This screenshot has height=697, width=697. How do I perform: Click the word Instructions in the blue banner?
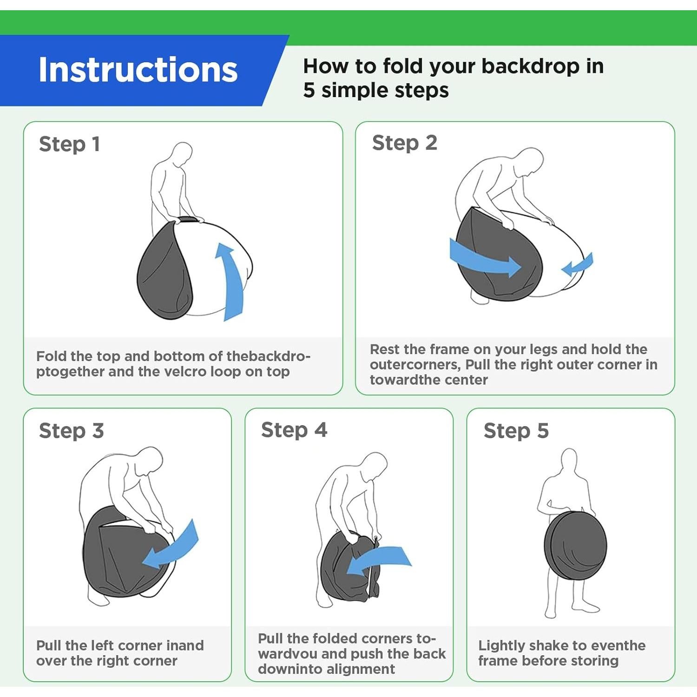[x=138, y=70]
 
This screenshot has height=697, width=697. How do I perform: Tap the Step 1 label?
[x=70, y=144]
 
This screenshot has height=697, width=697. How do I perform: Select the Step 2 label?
[x=405, y=143]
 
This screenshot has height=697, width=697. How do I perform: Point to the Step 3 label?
[x=72, y=431]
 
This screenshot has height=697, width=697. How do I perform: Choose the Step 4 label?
[x=294, y=430]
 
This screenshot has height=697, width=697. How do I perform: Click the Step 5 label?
[x=516, y=431]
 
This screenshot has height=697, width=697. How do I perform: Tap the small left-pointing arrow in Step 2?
[x=577, y=264]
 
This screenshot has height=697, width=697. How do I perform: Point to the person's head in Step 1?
[x=182, y=154]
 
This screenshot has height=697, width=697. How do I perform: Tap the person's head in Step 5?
[x=570, y=460]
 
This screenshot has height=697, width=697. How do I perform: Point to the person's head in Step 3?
[x=150, y=460]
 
